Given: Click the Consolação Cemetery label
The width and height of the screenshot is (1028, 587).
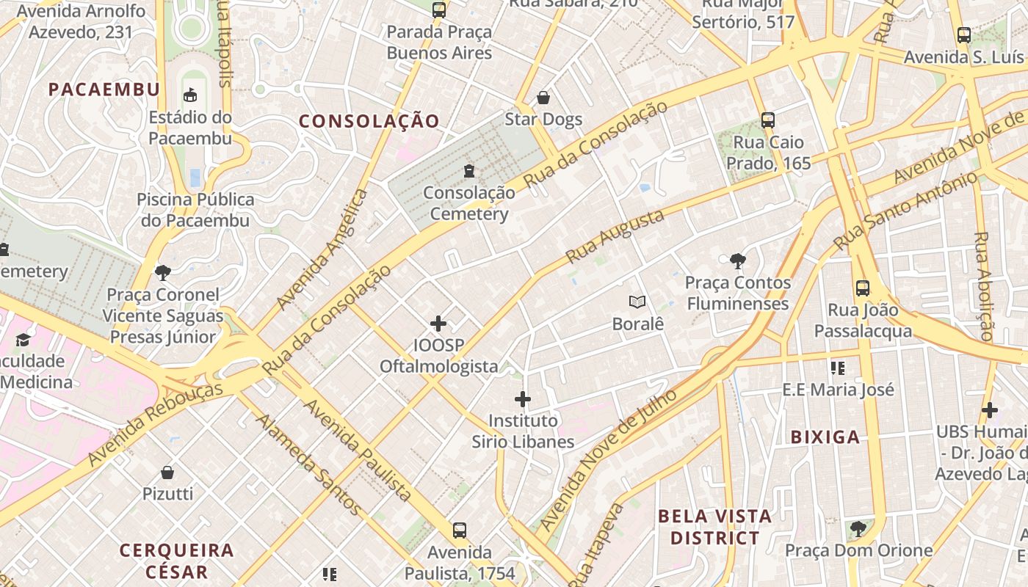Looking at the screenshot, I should click(x=469, y=203).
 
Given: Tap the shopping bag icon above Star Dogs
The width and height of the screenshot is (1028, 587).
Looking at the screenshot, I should click(x=543, y=98).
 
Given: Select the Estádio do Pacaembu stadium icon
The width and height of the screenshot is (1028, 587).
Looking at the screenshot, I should click(x=191, y=95).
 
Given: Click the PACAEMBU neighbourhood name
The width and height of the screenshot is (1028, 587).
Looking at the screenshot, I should click(x=104, y=90).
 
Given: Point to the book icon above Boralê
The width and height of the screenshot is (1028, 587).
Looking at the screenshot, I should click(x=637, y=302).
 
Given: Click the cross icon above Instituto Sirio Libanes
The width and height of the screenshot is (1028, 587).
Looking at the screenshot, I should click(x=523, y=399).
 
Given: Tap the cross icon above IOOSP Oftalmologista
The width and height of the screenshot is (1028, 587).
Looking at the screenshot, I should click(x=438, y=324).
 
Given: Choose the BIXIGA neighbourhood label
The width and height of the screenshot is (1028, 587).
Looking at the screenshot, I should click(x=825, y=437).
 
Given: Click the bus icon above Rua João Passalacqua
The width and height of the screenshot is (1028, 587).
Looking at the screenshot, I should click(x=863, y=288).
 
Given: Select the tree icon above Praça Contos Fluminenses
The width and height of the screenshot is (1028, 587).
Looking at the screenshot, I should click(x=738, y=260).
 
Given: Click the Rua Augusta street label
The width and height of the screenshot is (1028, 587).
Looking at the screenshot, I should click(x=615, y=236).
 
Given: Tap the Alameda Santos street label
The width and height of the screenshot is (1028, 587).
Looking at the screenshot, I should click(x=309, y=464).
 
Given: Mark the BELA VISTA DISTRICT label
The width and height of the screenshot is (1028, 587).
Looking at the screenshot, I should click(x=714, y=527).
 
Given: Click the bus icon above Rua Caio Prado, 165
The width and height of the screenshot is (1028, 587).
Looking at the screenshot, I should click(x=768, y=120).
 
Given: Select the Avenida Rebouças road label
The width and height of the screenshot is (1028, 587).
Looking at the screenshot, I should click(x=156, y=423).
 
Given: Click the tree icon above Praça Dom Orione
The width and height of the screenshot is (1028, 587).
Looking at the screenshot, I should click(x=858, y=528).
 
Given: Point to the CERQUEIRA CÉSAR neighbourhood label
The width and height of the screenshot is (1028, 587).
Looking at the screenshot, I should click(x=176, y=561).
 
